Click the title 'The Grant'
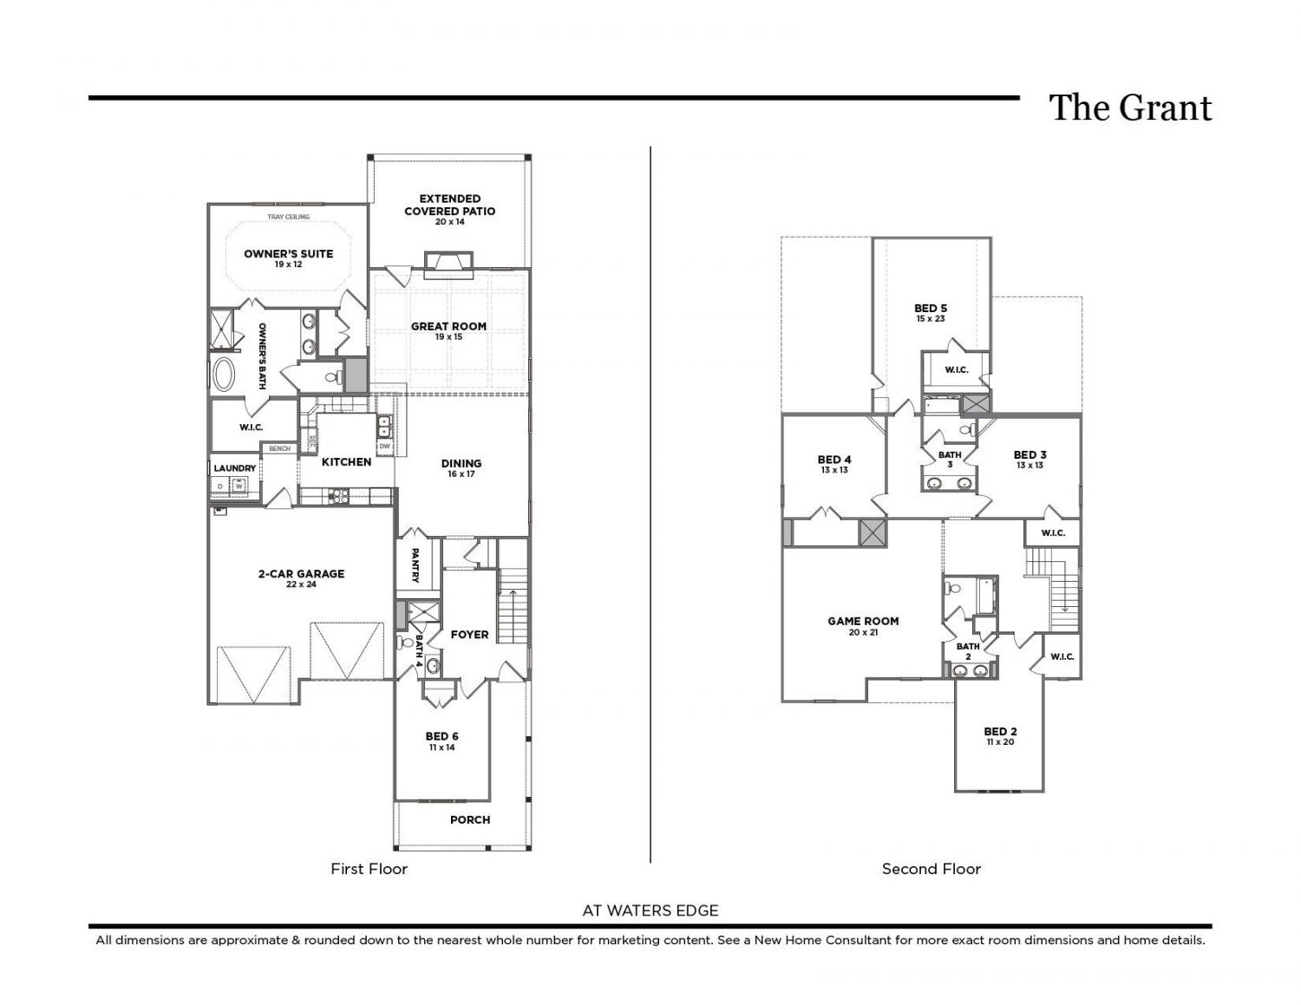pos(1130,108)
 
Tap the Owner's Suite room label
pos(288,254)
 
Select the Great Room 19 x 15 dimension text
pos(448,337)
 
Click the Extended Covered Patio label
pos(449,205)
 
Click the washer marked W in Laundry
pos(239,486)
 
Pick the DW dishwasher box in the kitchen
pos(384,447)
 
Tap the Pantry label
pos(415,565)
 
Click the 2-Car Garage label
pos(301,573)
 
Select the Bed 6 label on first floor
pos(441,736)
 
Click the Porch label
pos(470,819)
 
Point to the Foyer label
pos(469,635)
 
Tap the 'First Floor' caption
pos(369,869)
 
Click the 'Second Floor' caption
pos(931,869)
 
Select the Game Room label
pos(863,622)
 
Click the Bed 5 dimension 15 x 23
pos(931,319)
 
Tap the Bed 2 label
pos(1000,732)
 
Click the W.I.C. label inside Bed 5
pos(956,370)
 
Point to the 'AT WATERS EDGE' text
pos(650,910)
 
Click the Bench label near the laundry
pos(279,448)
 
